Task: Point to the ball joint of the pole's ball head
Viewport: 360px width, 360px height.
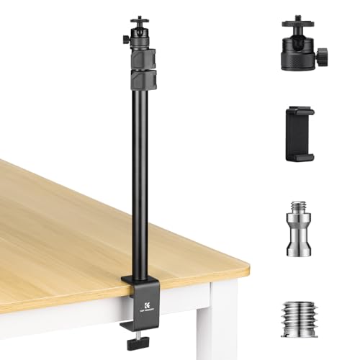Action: tap(137, 32)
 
